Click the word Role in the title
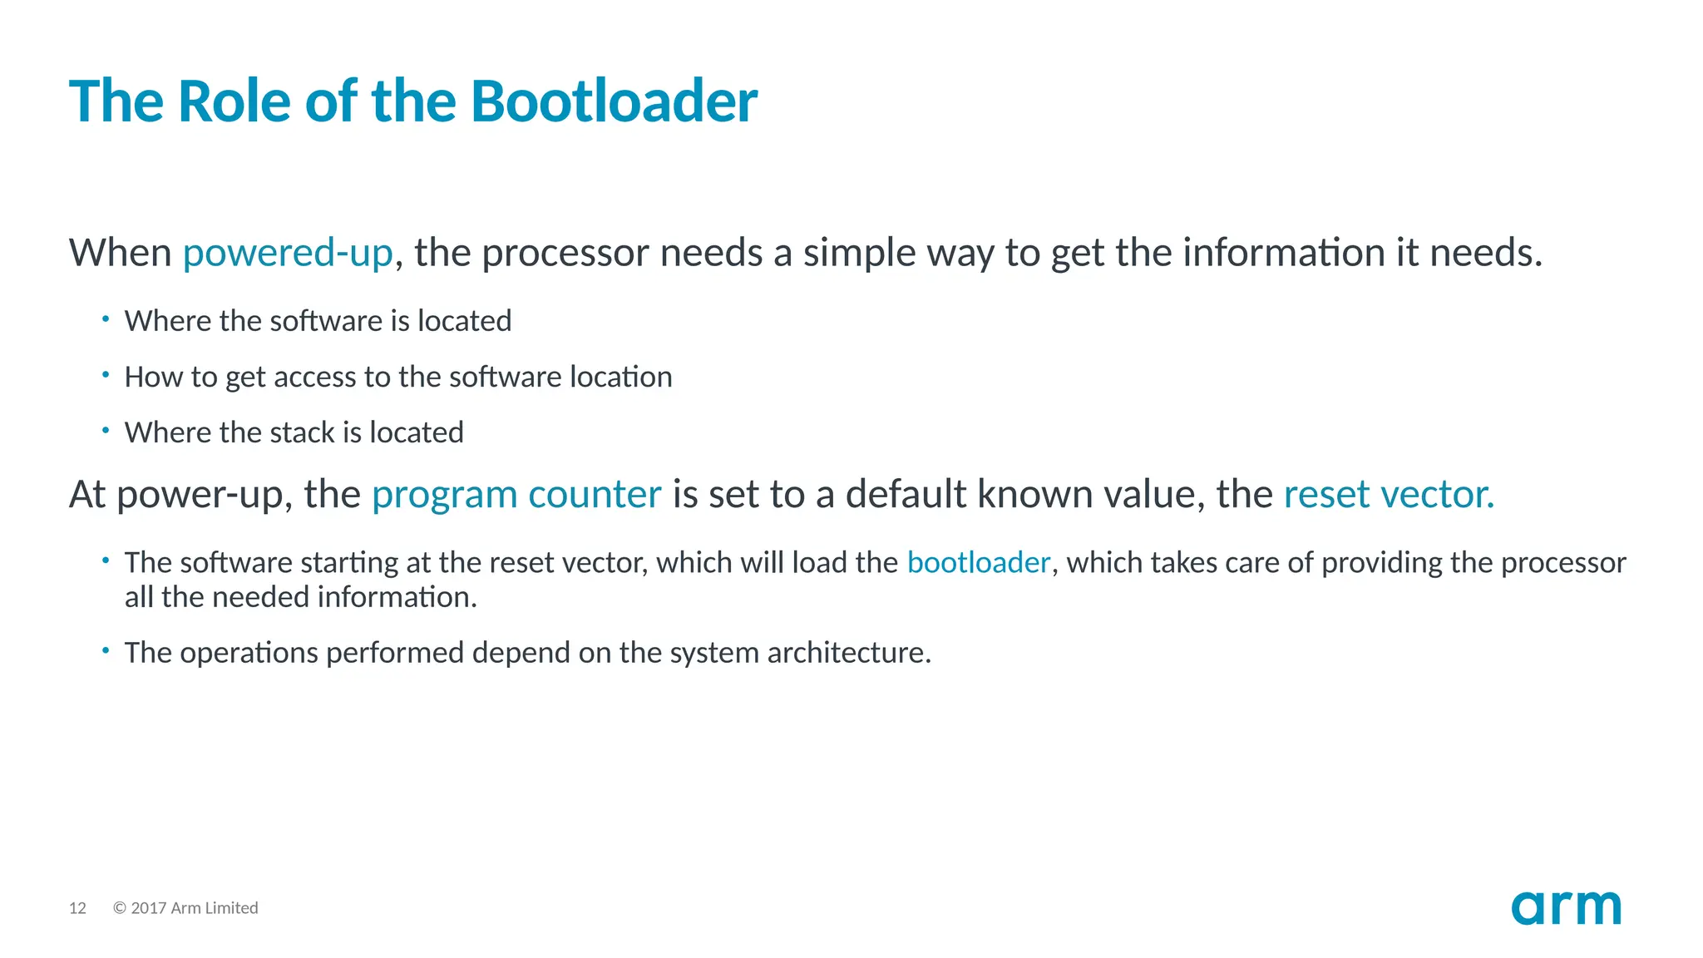[x=234, y=101]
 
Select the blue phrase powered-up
[x=288, y=253]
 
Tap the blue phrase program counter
[x=516, y=495]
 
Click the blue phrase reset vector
[x=1389, y=495]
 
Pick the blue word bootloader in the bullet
[x=978, y=563]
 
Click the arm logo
[x=1566, y=908]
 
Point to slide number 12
[x=77, y=908]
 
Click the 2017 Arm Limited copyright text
[x=185, y=908]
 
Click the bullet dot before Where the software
[x=106, y=318]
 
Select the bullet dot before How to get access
[x=106, y=374]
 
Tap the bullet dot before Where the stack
[x=106, y=430]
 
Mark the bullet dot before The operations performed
[x=106, y=650]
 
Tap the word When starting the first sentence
[x=121, y=253]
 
